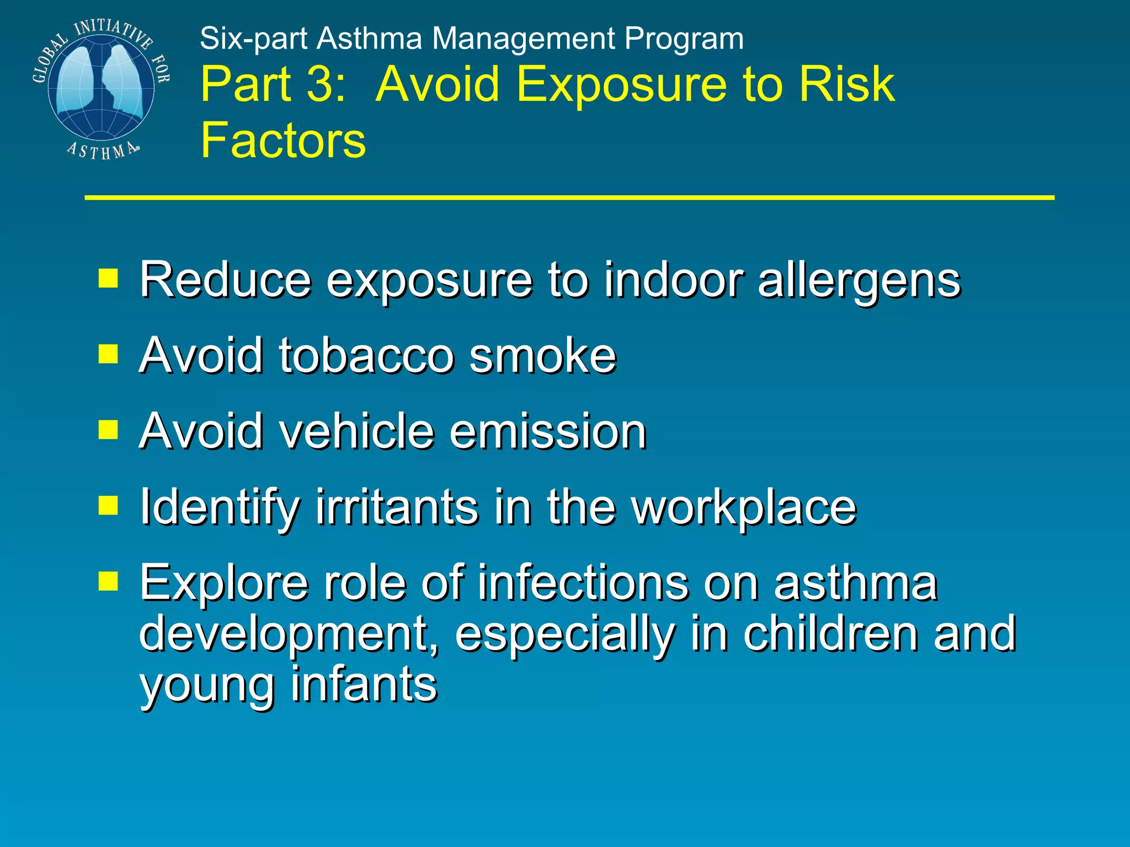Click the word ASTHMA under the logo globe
(103, 151)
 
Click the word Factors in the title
(283, 140)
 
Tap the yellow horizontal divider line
(568, 197)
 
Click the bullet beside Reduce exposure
(108, 278)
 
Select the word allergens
(859, 280)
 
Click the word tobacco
(366, 356)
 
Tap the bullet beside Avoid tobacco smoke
(108, 355)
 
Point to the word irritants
(397, 507)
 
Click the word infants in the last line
(364, 684)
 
